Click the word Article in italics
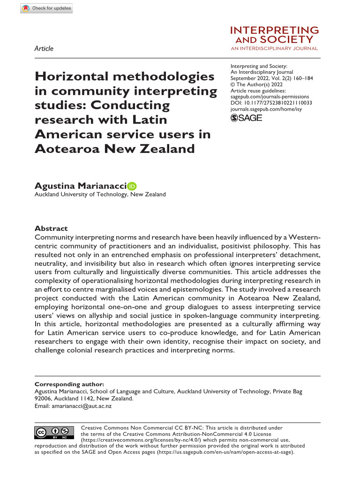point(44,48)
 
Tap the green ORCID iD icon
point(131,187)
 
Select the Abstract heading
point(51,228)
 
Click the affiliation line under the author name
point(100,195)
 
